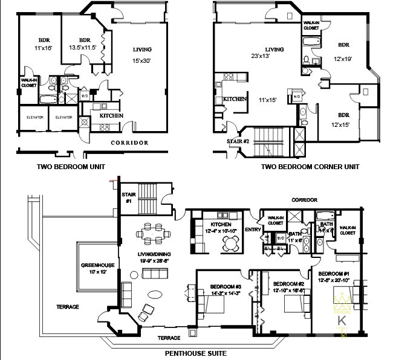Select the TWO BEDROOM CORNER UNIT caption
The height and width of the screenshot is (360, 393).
coord(310,166)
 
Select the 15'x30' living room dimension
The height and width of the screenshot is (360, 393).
coord(142,60)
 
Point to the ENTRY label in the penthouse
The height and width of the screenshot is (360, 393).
coord(253,230)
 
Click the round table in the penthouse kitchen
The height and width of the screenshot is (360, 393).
coord(230,241)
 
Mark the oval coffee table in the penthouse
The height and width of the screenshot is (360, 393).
coord(154,295)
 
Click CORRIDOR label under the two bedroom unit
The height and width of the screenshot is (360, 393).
coord(129,143)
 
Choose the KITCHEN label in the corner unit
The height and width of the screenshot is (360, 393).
coord(235,98)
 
